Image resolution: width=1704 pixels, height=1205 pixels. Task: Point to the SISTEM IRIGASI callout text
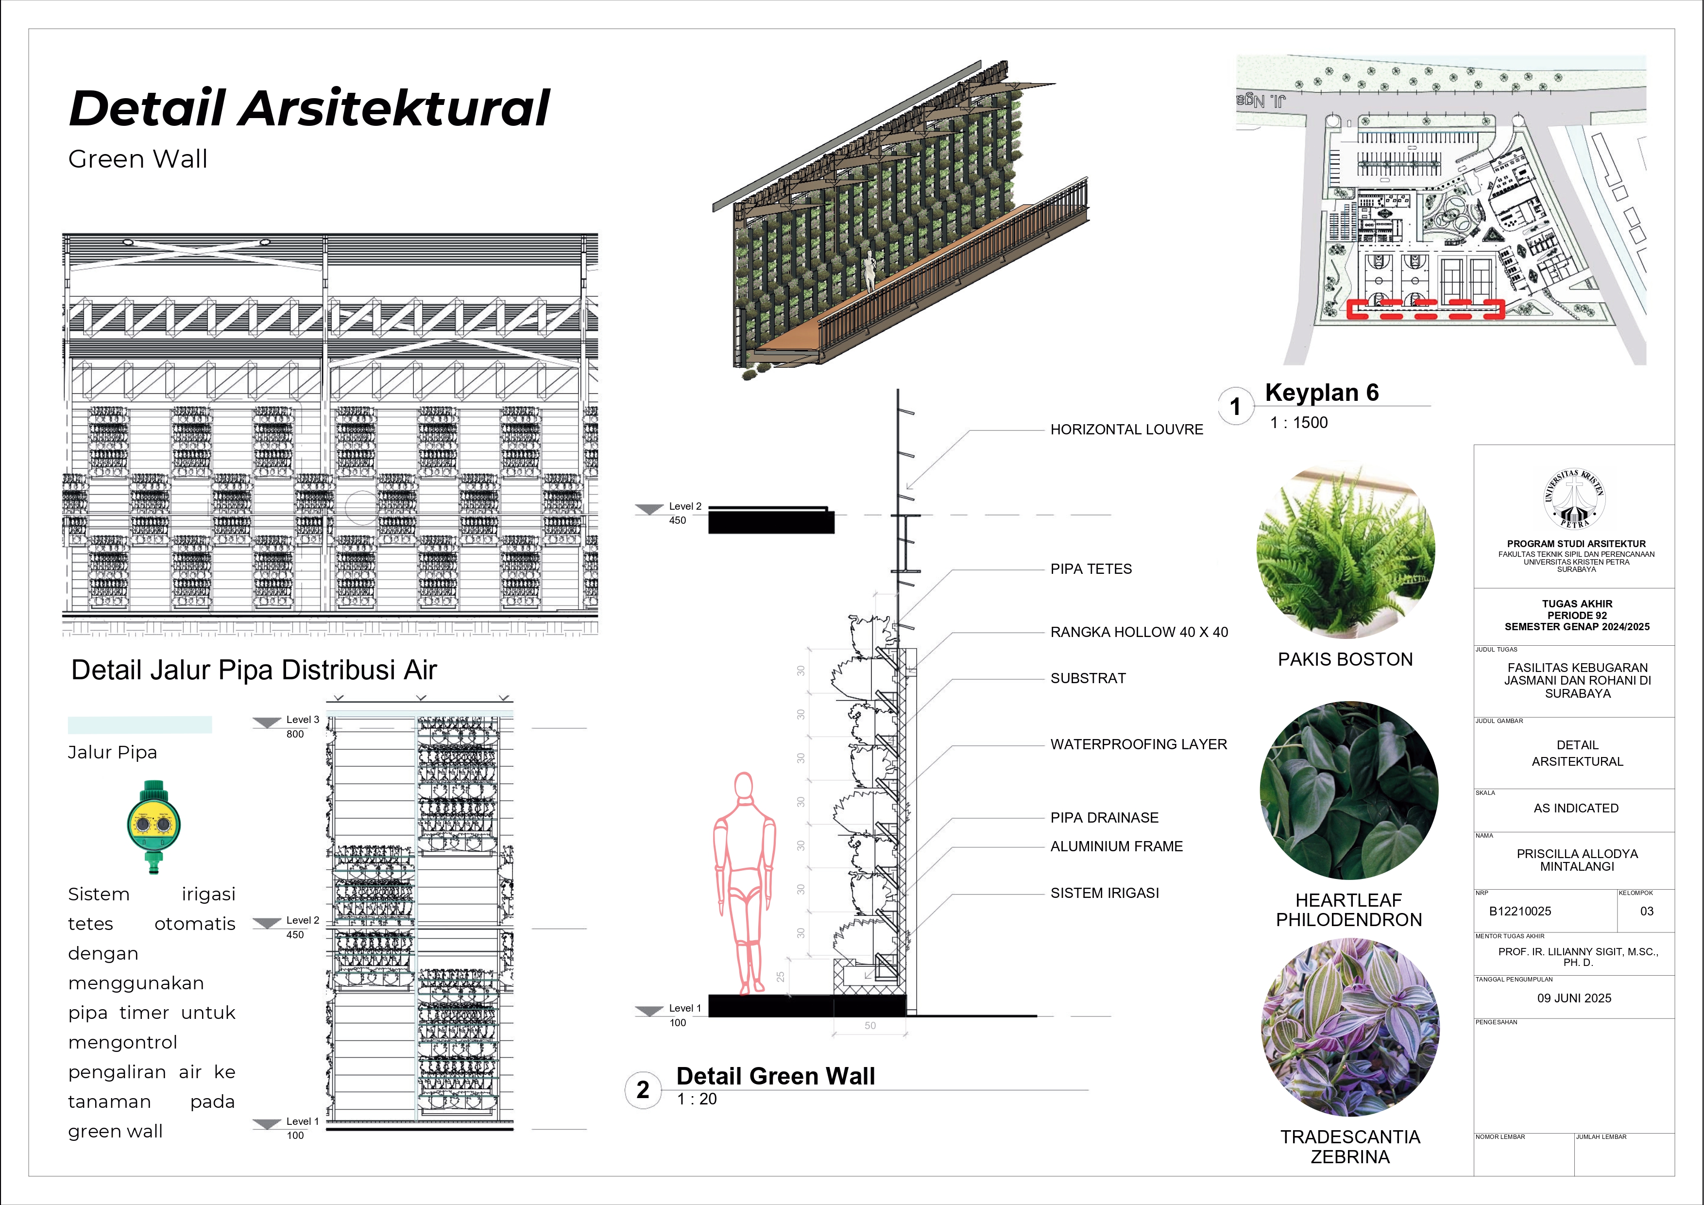1104,893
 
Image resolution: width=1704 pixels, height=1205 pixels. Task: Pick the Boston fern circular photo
1345,551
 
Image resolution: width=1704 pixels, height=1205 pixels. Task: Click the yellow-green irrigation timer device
153,826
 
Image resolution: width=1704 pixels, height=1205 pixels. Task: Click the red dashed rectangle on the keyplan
1425,310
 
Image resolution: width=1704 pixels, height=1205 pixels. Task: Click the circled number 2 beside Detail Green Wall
643,1090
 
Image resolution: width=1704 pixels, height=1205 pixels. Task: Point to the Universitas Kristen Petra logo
1575,499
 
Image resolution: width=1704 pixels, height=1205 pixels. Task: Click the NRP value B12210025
1520,912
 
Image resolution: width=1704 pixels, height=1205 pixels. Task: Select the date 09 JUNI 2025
1574,998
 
